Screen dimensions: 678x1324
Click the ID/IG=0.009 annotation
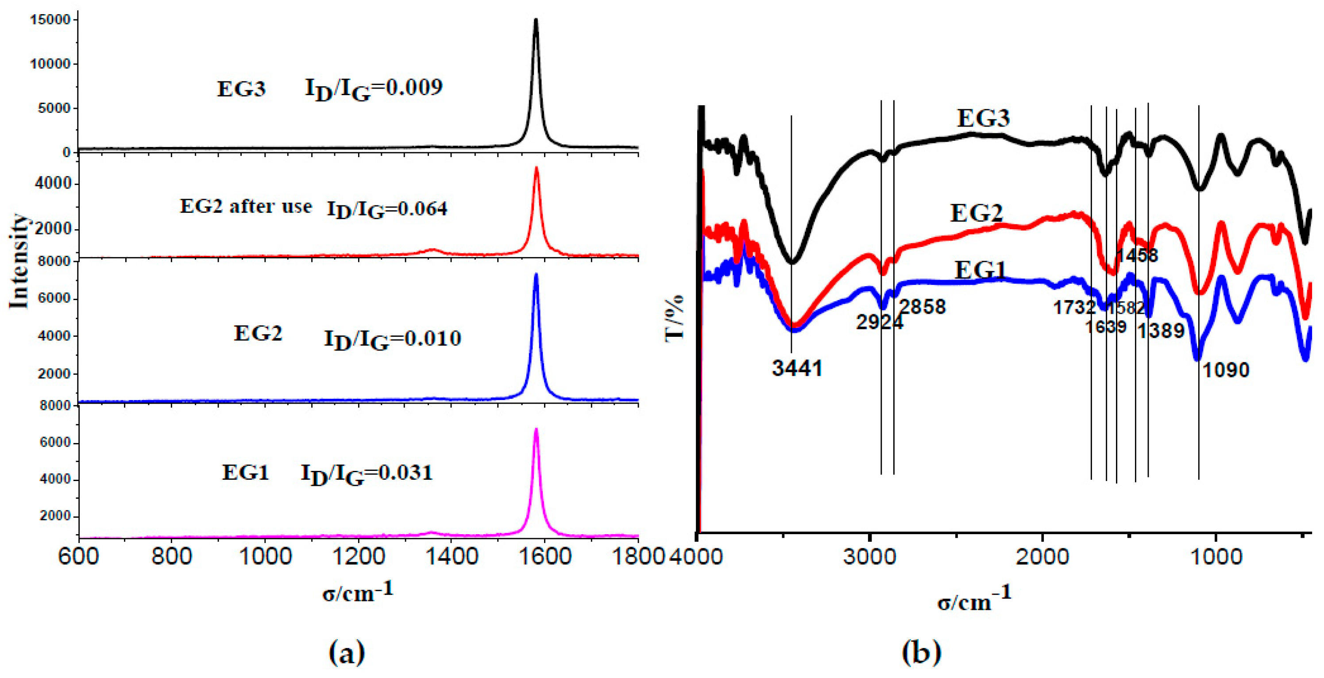[374, 89]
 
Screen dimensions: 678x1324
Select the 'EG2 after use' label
[246, 207]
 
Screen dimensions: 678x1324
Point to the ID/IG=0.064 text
[387, 209]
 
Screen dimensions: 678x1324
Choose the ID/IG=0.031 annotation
[367, 474]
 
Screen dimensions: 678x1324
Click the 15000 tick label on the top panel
[50, 20]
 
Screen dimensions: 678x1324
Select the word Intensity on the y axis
[19, 261]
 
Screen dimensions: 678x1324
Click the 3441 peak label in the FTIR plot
[797, 368]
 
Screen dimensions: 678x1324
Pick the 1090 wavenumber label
[1225, 370]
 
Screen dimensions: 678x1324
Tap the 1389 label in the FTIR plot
[1160, 331]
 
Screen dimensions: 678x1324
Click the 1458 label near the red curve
[1137, 255]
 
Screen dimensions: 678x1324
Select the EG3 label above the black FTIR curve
[983, 119]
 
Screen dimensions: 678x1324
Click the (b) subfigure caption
[922, 652]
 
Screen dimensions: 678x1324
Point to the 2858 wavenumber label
[923, 307]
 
